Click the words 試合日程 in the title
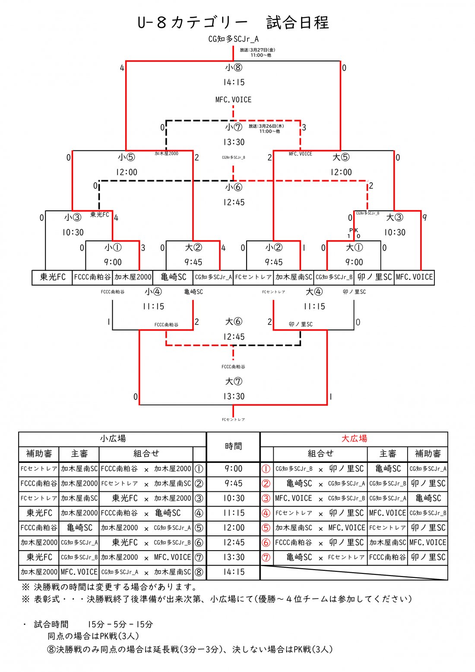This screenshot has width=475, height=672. (298, 22)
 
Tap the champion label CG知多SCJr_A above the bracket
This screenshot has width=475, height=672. (233, 39)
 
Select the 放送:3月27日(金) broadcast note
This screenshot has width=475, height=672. (257, 50)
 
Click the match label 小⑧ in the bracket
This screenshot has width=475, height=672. (234, 68)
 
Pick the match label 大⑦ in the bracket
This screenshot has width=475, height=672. (234, 381)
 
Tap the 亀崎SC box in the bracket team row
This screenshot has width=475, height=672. (173, 277)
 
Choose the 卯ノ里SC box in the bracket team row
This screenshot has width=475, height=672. (374, 277)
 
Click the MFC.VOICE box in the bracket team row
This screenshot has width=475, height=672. (414, 277)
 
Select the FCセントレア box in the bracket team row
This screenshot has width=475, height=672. (253, 277)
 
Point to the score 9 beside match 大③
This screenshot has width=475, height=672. (425, 218)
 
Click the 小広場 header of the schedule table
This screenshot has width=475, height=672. (113, 439)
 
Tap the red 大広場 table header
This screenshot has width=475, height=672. (354, 439)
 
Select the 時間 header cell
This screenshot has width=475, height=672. (233, 446)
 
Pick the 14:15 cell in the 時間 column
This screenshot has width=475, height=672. (234, 572)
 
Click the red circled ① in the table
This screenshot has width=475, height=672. (266, 469)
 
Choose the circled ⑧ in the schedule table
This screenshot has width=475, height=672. (199, 572)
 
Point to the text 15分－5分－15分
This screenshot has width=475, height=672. (120, 624)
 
